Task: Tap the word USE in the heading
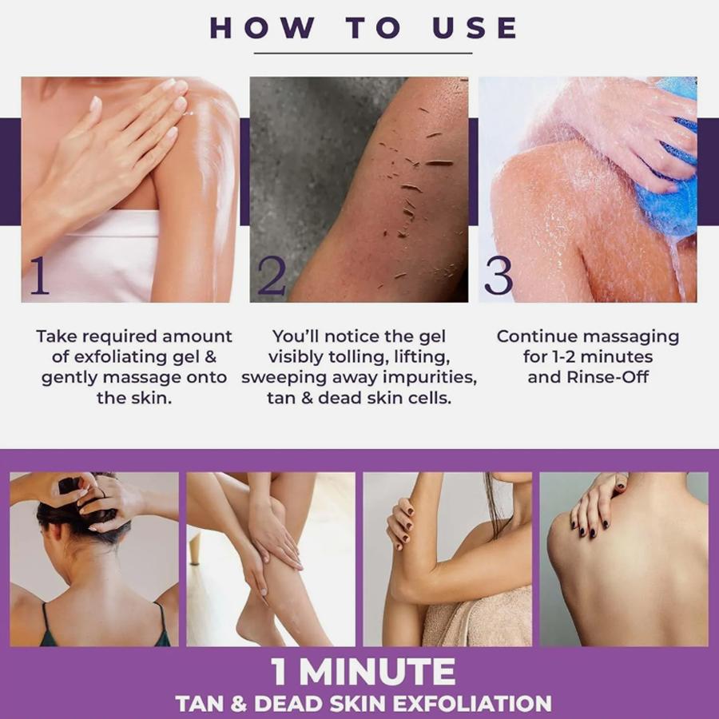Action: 475,28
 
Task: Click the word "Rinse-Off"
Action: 608,377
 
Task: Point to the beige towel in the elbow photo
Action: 477,617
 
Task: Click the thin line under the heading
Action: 363,54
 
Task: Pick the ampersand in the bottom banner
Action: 238,704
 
